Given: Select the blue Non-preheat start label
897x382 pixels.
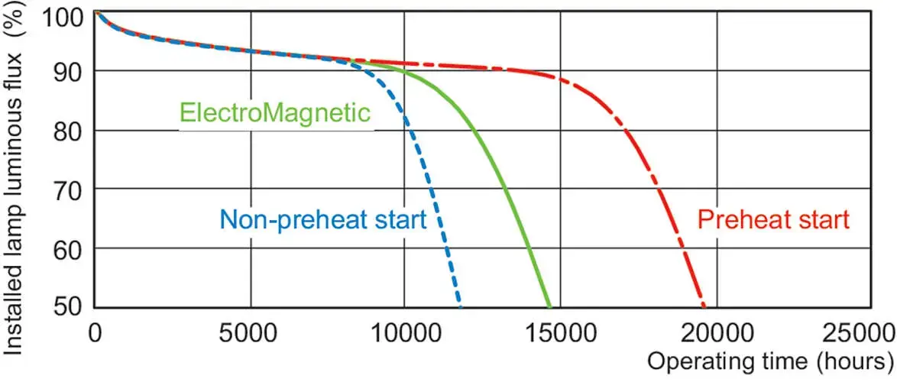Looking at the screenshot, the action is coord(324,219).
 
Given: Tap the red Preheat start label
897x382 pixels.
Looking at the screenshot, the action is coord(774,219).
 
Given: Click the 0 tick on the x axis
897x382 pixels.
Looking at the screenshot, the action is coord(95,332).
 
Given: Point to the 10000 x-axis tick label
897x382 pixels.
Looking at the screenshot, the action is coord(405,332).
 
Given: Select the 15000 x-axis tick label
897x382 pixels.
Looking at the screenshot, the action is coord(561,332).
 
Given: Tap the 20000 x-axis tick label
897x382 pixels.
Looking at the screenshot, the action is coord(716,332).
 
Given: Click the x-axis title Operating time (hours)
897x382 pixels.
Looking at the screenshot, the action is coord(770,361).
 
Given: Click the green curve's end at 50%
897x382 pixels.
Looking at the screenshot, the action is coord(549,306).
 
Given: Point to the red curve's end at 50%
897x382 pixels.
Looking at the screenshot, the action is coord(704,306).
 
